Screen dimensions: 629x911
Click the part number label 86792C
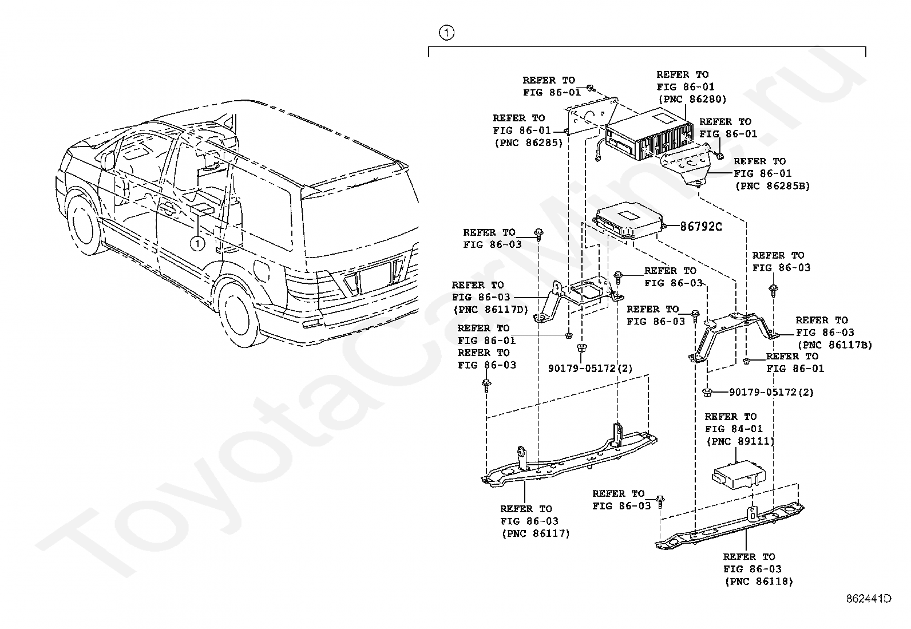point(700,227)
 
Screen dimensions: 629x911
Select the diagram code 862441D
point(869,599)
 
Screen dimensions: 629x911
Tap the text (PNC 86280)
point(692,100)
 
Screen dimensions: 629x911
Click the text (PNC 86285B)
point(772,185)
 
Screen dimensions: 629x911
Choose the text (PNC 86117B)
point(835,345)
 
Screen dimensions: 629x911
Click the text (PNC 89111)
point(740,441)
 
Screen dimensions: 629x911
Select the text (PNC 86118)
point(759,581)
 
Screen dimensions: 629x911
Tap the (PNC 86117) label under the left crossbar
point(536,534)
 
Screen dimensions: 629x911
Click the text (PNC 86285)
point(528,143)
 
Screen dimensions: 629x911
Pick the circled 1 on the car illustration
point(197,243)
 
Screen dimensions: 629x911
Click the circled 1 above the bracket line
point(447,33)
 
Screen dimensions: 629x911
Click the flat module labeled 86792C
point(627,223)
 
